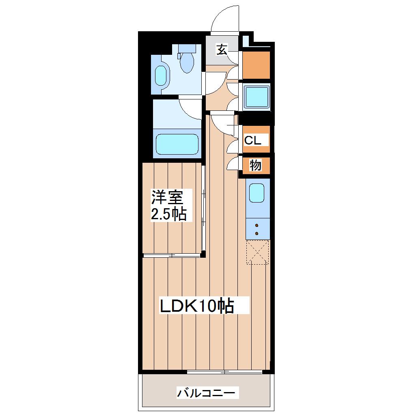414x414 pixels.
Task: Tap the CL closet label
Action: coord(253,140)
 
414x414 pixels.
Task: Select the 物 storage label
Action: coord(255,166)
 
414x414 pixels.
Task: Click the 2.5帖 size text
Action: coord(169,214)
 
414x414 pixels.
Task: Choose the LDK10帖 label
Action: coord(197,306)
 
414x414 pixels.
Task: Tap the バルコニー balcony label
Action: coord(206,393)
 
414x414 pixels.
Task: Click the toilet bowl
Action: coord(187,63)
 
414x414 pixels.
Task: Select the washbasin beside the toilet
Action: coord(161,75)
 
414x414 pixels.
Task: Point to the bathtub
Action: coord(177,144)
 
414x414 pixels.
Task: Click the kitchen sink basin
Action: coord(257,193)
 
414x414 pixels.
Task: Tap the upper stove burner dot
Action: coord(257,226)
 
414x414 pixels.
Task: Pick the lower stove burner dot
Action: coord(257,233)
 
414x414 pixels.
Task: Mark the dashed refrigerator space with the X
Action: coord(258,252)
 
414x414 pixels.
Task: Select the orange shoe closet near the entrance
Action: coord(256,65)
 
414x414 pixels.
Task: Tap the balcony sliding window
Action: coord(224,372)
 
